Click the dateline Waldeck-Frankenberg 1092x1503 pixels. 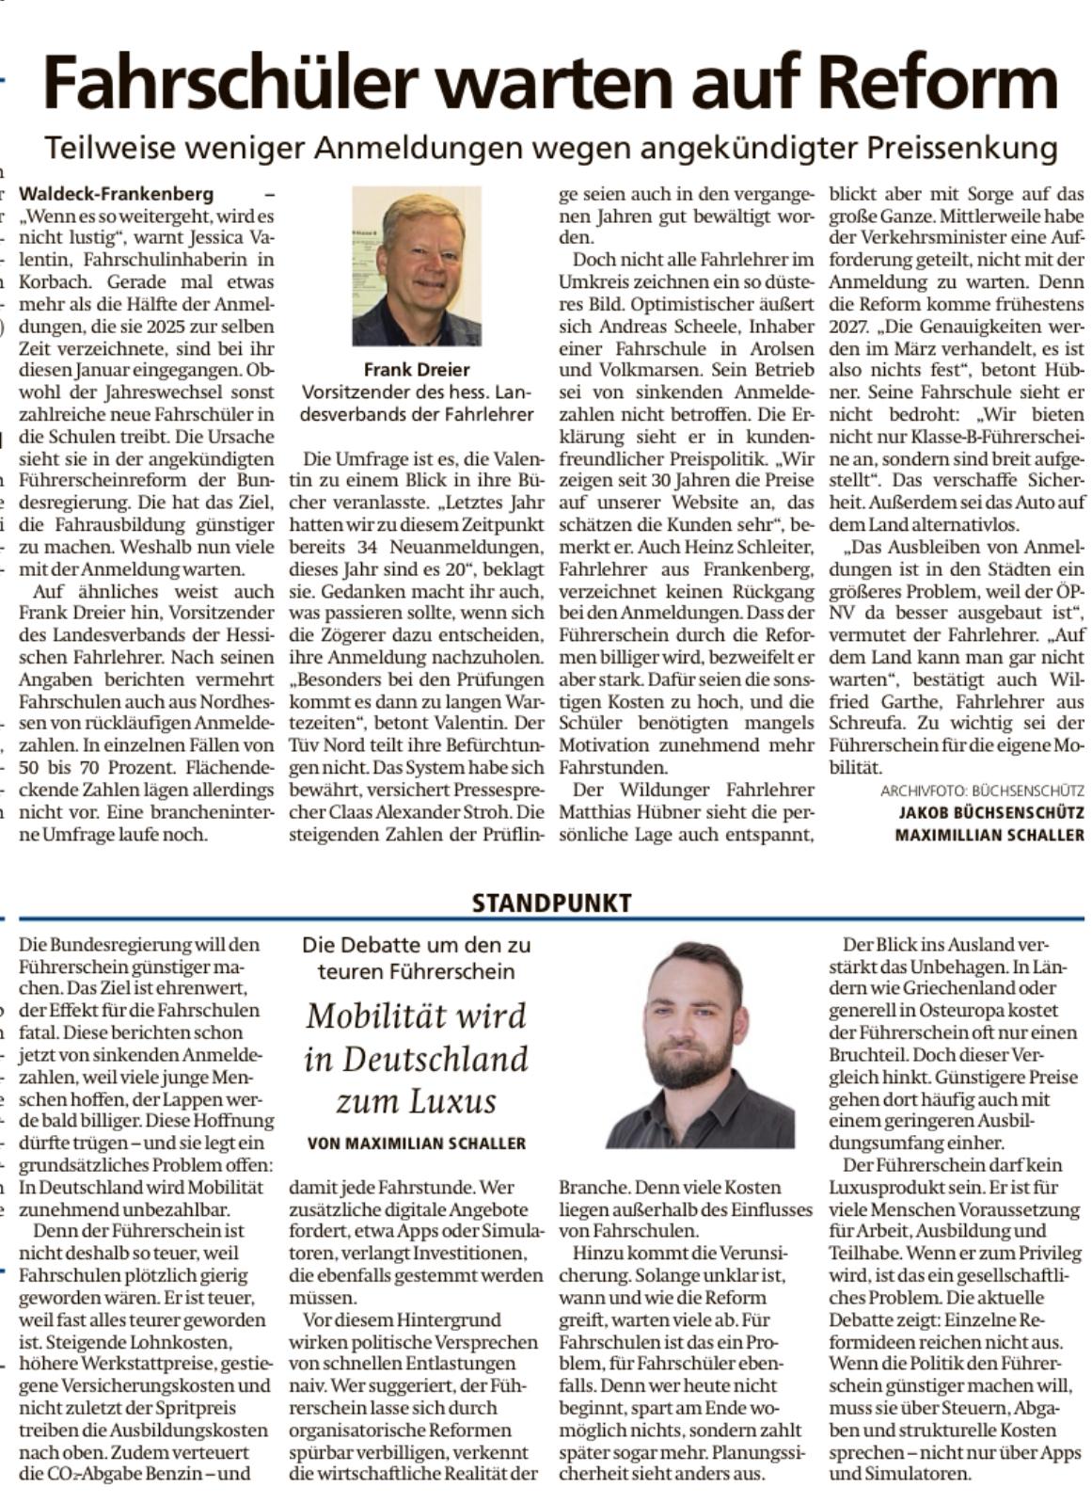click(117, 195)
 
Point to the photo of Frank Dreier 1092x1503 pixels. click(417, 265)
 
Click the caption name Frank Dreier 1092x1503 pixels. click(417, 370)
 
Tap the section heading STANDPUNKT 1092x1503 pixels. click(551, 903)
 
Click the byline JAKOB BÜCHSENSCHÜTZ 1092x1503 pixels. click(991, 812)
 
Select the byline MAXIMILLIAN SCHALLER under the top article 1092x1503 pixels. click(989, 835)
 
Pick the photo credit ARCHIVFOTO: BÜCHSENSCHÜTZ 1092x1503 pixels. click(982, 791)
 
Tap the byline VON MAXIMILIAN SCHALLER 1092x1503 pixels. click(417, 1143)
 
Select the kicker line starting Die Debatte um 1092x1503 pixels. click(417, 945)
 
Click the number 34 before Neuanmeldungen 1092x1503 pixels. click(371, 548)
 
